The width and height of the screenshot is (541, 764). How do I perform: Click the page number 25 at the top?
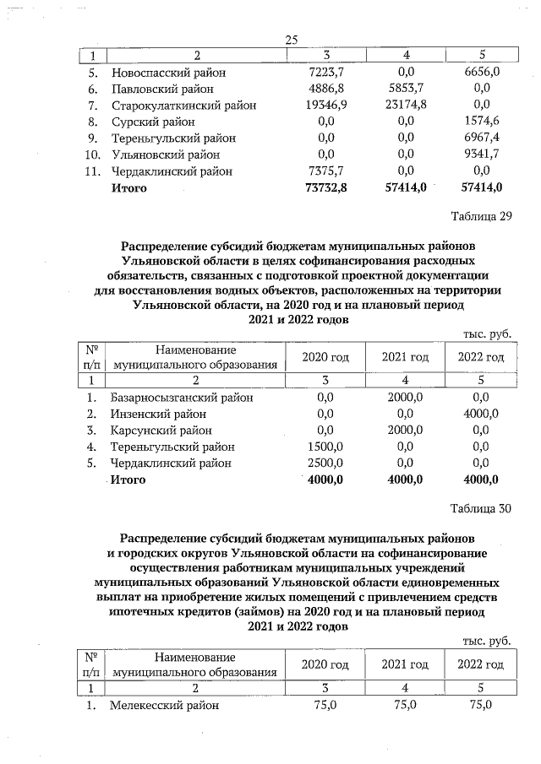pos(293,40)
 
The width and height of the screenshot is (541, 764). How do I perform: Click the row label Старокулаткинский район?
pos(183,106)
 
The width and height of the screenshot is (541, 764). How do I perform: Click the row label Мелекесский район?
pos(164,705)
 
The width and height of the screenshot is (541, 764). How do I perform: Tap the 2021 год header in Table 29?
pos(406,357)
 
